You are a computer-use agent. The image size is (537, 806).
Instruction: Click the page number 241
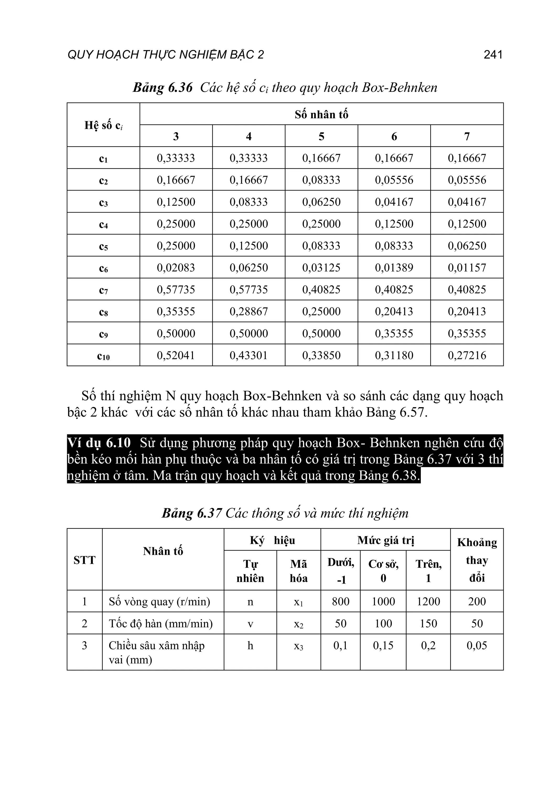(x=493, y=55)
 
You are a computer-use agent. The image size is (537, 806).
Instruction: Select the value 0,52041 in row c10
(x=176, y=355)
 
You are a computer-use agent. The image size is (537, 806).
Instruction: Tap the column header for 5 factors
(x=321, y=136)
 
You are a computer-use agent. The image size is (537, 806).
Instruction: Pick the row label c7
(x=103, y=290)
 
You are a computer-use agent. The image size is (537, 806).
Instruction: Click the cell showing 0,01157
(x=467, y=268)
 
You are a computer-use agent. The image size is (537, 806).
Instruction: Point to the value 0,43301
(x=249, y=355)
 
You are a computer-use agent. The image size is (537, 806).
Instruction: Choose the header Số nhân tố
(x=321, y=114)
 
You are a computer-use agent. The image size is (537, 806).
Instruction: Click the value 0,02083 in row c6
(x=176, y=268)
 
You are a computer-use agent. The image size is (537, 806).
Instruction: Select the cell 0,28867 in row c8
(x=249, y=311)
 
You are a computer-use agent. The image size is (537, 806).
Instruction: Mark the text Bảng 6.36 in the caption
(x=163, y=88)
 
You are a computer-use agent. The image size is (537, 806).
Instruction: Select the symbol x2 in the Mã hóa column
(x=298, y=624)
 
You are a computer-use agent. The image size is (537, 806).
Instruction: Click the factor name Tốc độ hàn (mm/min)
(x=161, y=624)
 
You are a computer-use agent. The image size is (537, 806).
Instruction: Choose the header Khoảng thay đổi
(x=477, y=560)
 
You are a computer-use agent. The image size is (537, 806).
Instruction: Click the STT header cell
(x=84, y=560)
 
